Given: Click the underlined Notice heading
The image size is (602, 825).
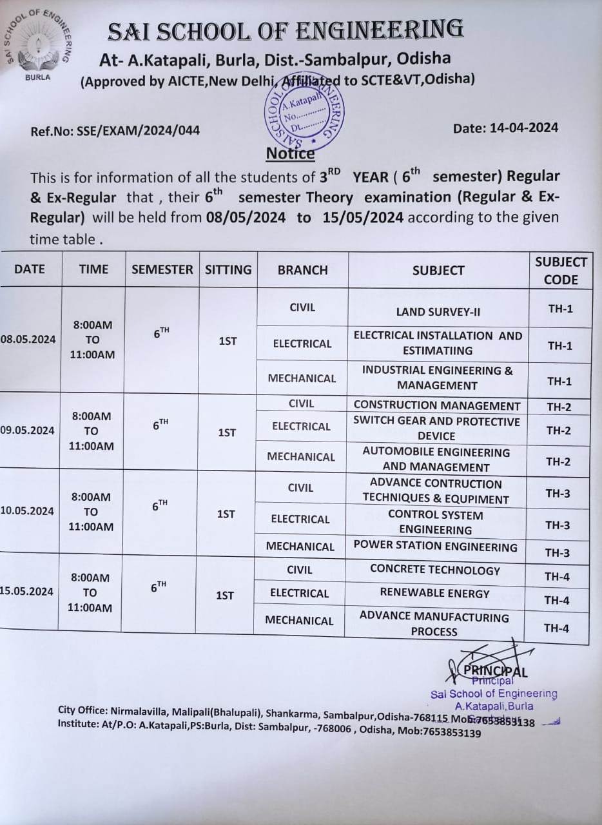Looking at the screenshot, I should tap(290, 153).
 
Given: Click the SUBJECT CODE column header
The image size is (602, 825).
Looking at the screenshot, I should tap(560, 271).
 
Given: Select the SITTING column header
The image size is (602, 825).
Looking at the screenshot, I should tap(228, 269).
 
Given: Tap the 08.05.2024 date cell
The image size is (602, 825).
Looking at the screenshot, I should tap(28, 340).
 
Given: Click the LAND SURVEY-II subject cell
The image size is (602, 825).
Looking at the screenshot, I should tap(438, 312).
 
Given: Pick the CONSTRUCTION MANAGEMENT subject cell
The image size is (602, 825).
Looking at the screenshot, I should tap(437, 405).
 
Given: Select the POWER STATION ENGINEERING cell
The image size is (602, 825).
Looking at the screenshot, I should tap(436, 547).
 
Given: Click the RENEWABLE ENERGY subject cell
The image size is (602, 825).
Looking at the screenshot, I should tap(434, 593).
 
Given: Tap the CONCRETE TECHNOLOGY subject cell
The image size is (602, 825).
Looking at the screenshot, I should tap(435, 570).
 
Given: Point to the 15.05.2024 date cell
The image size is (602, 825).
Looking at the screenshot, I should tap(27, 591).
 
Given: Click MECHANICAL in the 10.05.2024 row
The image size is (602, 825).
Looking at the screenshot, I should tap(300, 547).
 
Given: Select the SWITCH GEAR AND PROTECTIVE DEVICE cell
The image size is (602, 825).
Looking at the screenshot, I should tap(437, 429).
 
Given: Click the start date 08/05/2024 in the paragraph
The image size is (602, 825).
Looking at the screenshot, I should tap(246, 217).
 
